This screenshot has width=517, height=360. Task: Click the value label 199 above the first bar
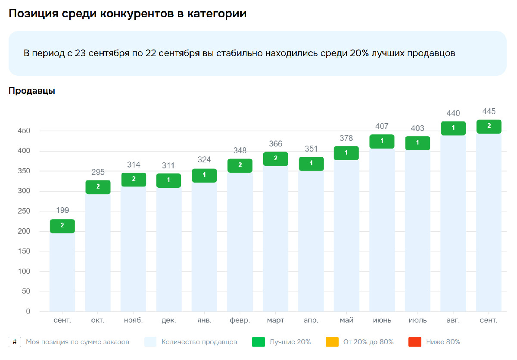click(62, 211)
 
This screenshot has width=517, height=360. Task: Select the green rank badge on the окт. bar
click(98, 187)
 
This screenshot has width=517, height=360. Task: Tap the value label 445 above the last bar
click(489, 112)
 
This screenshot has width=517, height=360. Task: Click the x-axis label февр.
click(240, 320)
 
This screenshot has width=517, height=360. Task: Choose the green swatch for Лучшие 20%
click(258, 342)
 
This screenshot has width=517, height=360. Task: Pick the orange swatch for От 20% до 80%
click(332, 342)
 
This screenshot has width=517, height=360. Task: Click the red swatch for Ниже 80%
click(414, 342)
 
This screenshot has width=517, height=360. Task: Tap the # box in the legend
click(15, 342)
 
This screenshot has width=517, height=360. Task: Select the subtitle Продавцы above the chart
click(32, 91)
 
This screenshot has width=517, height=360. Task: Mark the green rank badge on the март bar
click(275, 158)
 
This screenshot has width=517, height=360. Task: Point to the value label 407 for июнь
click(382, 126)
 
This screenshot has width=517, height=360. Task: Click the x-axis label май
click(346, 320)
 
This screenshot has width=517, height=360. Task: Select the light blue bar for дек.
click(168, 250)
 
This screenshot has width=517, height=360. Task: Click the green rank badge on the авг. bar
click(453, 128)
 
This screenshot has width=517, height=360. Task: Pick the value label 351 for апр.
click(311, 149)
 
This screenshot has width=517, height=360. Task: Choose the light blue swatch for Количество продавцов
click(150, 342)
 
